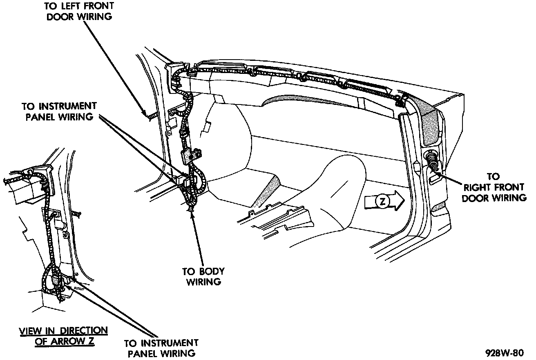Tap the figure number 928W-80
[504, 352]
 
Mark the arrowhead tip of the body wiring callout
[191, 209]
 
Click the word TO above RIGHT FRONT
[494, 177]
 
